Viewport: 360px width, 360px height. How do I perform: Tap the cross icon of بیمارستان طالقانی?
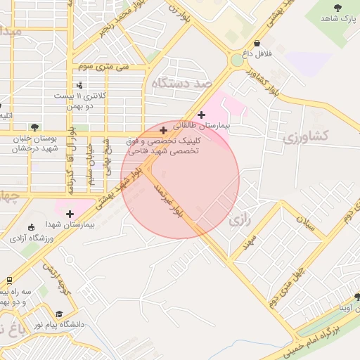pos(202,114)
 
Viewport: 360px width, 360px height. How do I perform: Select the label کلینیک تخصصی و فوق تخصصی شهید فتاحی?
pos(162,146)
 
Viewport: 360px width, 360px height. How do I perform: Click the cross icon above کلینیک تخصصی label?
pos(163,130)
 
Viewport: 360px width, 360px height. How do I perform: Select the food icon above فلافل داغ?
pos(257,43)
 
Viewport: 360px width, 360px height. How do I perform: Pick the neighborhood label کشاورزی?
pos(309,136)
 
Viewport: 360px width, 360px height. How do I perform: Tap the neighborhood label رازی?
pos(240,219)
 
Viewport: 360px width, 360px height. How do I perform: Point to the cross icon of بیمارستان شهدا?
pos(70,213)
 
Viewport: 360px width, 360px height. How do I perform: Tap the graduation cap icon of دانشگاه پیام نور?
pos(59,314)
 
